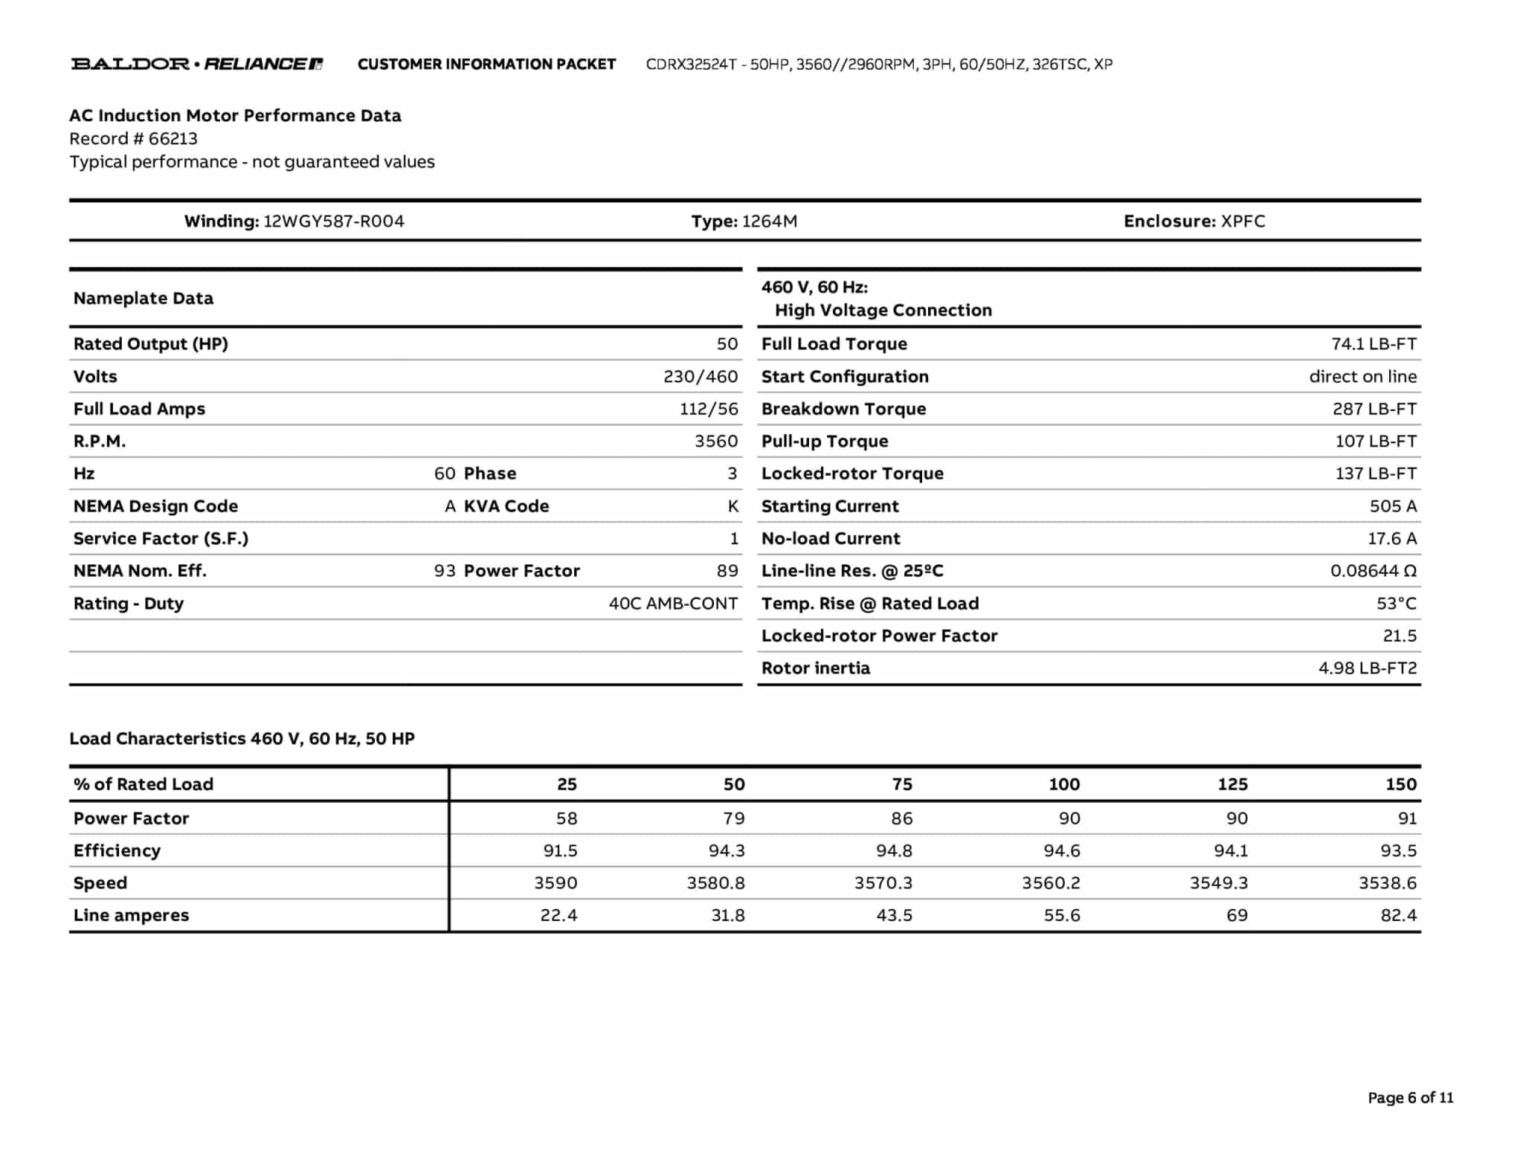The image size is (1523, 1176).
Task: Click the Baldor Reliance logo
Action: click(196, 64)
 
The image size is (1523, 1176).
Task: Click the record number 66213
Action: click(173, 139)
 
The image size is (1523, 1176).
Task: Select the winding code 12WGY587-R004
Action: click(334, 222)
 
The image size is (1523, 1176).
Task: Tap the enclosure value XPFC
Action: click(1243, 222)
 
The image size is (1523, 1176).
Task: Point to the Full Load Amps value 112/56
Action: click(709, 409)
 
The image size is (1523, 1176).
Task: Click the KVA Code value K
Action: click(732, 506)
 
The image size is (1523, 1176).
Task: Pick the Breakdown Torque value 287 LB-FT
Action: click(1374, 409)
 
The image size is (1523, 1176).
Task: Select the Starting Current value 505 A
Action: click(1393, 506)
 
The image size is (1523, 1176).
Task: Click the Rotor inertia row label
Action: click(815, 668)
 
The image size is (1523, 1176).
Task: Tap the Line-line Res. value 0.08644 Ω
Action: click(1373, 571)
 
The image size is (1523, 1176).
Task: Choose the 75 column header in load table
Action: click(901, 784)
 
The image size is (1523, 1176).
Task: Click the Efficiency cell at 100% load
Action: click(1061, 850)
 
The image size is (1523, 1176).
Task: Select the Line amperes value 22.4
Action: click(558, 915)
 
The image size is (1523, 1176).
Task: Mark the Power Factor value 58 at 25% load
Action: click(566, 818)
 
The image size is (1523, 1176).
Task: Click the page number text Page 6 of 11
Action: click(1410, 1098)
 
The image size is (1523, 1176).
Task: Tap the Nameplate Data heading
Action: click(144, 299)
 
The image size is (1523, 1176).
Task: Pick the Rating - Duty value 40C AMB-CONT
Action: click(673, 604)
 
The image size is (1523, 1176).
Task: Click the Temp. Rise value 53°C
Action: click(1396, 604)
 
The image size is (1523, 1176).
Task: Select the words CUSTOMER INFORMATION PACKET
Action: click(486, 65)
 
